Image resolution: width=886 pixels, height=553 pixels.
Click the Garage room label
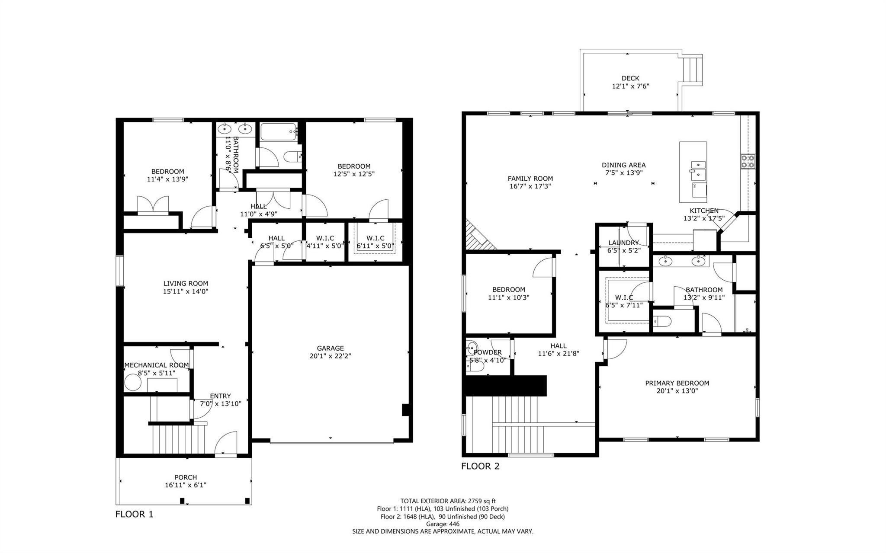click(330, 348)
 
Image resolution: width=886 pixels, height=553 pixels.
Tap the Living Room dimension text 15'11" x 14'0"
click(186, 291)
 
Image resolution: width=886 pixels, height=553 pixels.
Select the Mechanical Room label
click(157, 365)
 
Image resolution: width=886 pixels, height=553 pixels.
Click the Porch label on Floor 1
click(186, 477)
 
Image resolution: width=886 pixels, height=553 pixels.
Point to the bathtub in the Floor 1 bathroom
click(278, 131)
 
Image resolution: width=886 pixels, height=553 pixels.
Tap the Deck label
click(630, 78)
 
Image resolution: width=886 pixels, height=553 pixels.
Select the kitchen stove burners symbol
click(748, 161)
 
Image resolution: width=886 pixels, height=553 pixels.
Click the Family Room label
click(530, 179)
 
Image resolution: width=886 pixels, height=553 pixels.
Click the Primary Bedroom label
click(677, 383)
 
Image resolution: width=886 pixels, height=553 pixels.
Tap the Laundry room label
click(623, 243)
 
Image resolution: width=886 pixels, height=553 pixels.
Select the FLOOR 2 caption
click(480, 466)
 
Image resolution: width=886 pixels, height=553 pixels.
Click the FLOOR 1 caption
click(134, 514)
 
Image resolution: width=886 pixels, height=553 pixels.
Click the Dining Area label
click(623, 165)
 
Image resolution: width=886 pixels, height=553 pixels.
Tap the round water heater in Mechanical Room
click(133, 383)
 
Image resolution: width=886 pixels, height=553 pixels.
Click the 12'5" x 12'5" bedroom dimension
click(354, 174)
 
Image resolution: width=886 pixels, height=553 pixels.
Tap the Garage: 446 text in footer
click(442, 524)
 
